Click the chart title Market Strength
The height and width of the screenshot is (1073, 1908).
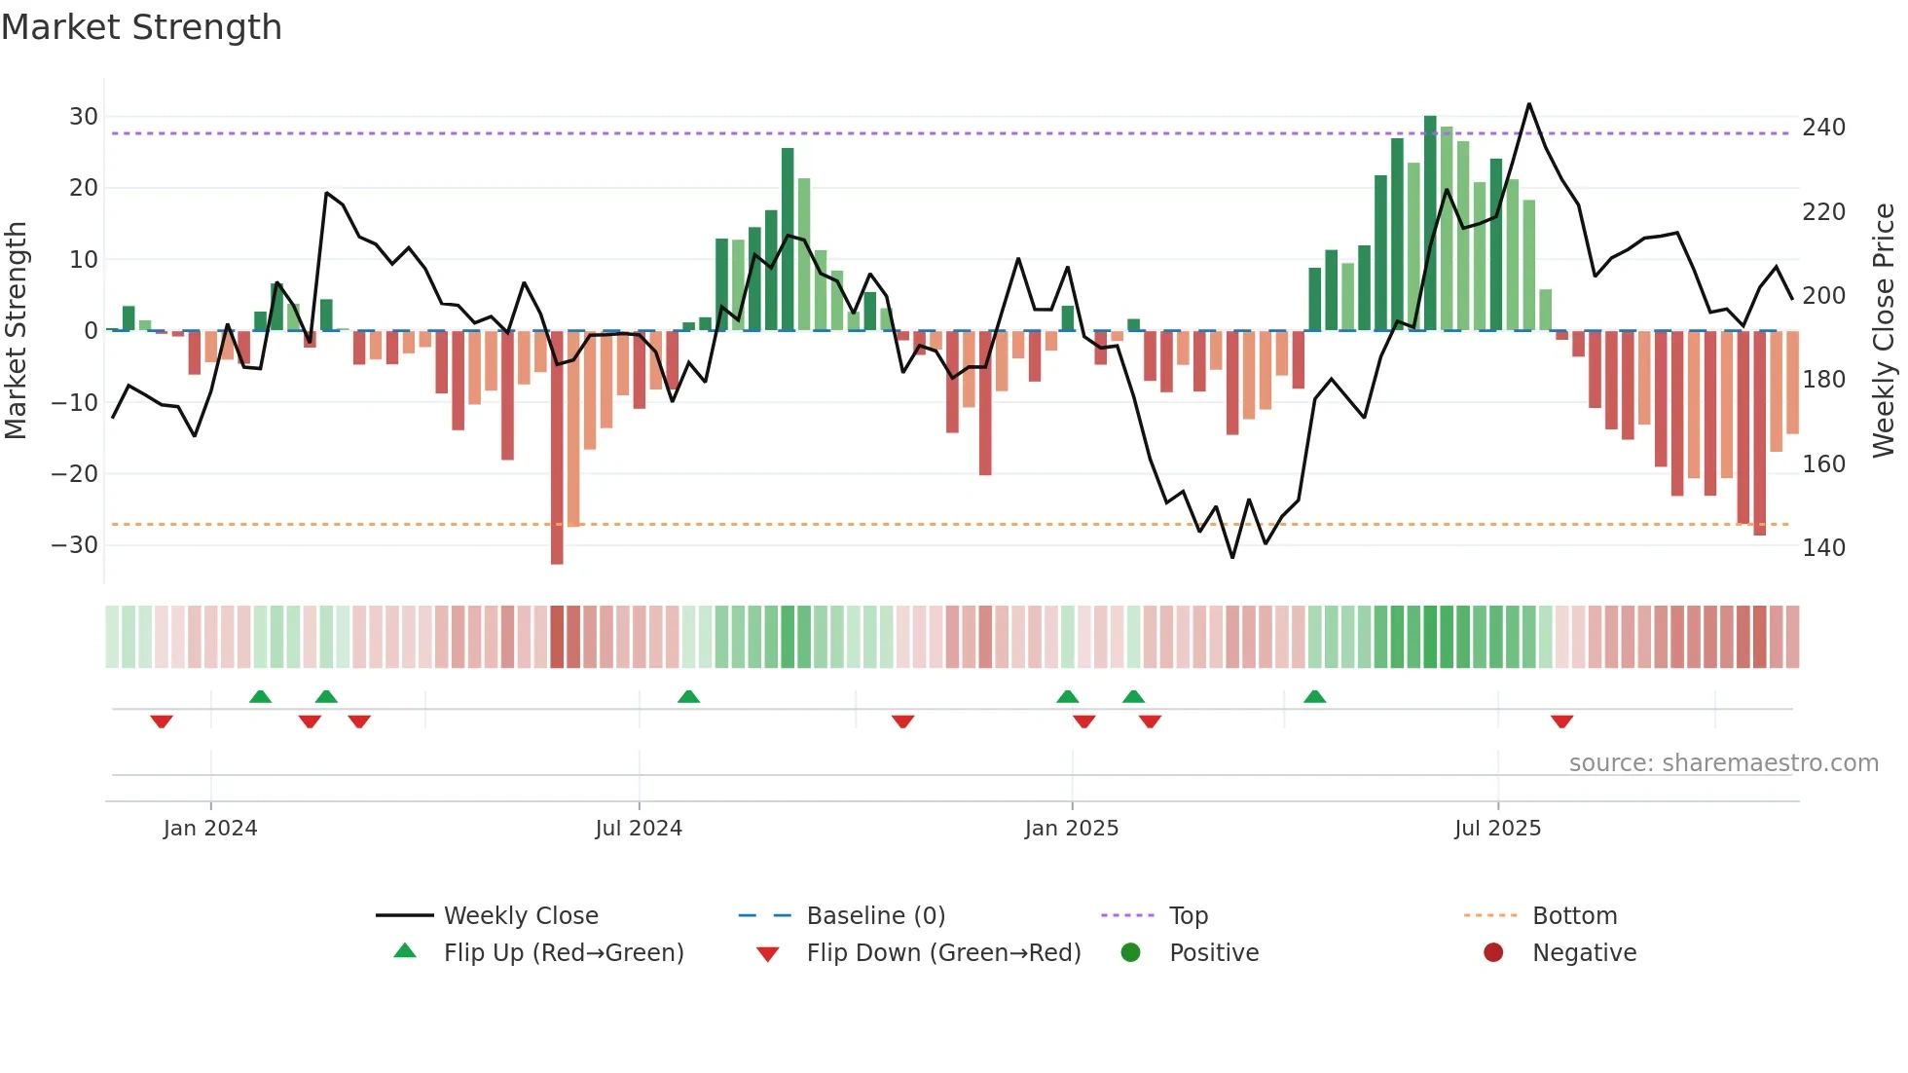[141, 27]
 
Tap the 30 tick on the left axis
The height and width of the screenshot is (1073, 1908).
[84, 117]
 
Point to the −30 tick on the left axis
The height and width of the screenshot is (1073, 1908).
[75, 545]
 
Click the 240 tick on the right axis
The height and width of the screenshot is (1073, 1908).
[1823, 128]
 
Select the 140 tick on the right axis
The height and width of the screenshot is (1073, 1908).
[1823, 548]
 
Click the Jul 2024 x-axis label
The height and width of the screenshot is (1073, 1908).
[639, 829]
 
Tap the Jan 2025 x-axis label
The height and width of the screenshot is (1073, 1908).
[1072, 829]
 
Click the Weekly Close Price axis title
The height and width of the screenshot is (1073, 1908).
[1885, 331]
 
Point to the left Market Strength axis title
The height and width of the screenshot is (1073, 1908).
[17, 331]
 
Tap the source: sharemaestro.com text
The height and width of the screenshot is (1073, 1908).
[1723, 763]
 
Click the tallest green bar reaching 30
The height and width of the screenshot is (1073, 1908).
[1430, 224]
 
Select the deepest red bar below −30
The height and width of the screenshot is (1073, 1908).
[557, 448]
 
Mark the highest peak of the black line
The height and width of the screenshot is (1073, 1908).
[1529, 104]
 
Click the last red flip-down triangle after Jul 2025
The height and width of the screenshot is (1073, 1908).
[1561, 721]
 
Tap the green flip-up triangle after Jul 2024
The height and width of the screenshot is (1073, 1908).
[688, 696]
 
